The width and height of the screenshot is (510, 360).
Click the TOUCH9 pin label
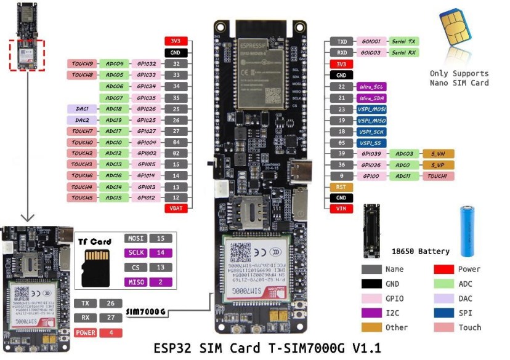(x=82, y=63)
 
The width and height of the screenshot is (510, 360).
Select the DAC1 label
(x=82, y=108)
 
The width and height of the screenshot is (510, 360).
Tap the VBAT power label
(x=176, y=209)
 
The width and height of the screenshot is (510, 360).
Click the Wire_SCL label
(x=371, y=87)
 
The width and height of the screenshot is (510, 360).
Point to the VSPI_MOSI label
(x=371, y=110)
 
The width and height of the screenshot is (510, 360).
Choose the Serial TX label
(x=404, y=41)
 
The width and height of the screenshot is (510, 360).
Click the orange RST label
(x=341, y=186)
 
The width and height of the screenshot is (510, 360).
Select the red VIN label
(x=341, y=209)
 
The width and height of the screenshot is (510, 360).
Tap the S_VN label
(x=438, y=154)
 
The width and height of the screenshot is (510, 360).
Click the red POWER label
(x=85, y=333)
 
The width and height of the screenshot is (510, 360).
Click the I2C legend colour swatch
(x=371, y=313)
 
